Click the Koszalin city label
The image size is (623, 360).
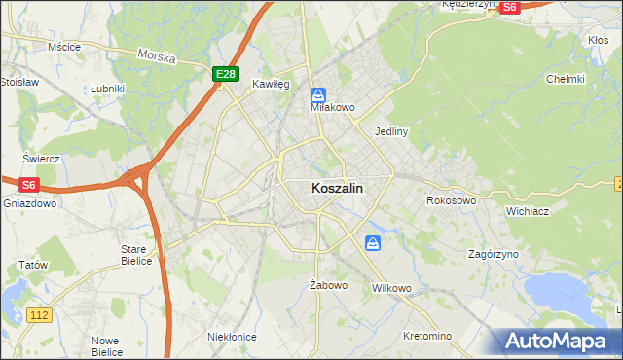click(339, 190)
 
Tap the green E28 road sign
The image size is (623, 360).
click(225, 74)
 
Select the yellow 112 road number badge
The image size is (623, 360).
click(39, 314)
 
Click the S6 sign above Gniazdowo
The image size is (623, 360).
click(29, 184)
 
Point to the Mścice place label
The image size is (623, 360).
click(63, 46)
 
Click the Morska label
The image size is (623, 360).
click(156, 57)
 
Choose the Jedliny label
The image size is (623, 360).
click(390, 130)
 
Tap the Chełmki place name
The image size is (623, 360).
click(565, 79)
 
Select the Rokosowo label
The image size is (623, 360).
click(451, 200)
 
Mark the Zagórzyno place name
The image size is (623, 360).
click(493, 253)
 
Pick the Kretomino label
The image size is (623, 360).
click(427, 336)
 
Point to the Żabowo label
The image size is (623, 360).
click(328, 285)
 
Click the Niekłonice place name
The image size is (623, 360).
click(232, 336)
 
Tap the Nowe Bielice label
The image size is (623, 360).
click(106, 346)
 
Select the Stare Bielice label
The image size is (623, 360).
click(133, 255)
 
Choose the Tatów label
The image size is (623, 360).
click(33, 265)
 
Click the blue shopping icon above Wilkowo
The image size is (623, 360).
click(373, 243)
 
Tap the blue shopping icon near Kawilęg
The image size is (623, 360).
click(318, 95)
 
